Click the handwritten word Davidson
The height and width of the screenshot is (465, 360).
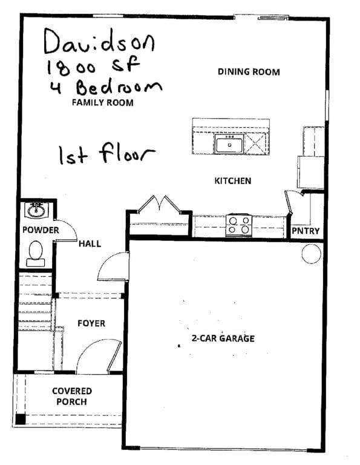point(99,42)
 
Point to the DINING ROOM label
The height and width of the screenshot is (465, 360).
point(249,72)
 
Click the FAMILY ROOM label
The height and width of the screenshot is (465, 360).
point(102,102)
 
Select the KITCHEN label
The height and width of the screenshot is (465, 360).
point(232,180)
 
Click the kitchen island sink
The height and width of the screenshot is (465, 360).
point(229,144)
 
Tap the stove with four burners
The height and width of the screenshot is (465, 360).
point(239,225)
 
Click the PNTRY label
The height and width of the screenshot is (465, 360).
point(306,231)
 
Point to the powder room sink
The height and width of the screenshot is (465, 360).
point(36,210)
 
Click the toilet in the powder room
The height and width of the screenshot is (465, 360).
point(36,254)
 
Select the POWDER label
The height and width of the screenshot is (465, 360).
point(41,230)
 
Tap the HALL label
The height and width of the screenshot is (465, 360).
point(90,244)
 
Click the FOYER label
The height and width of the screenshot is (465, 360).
point(91,323)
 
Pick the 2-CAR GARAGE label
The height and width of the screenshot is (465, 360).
point(223,338)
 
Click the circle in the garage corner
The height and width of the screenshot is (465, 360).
point(311,254)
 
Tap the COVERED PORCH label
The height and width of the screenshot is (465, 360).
point(72,396)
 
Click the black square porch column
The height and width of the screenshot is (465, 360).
point(21,420)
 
